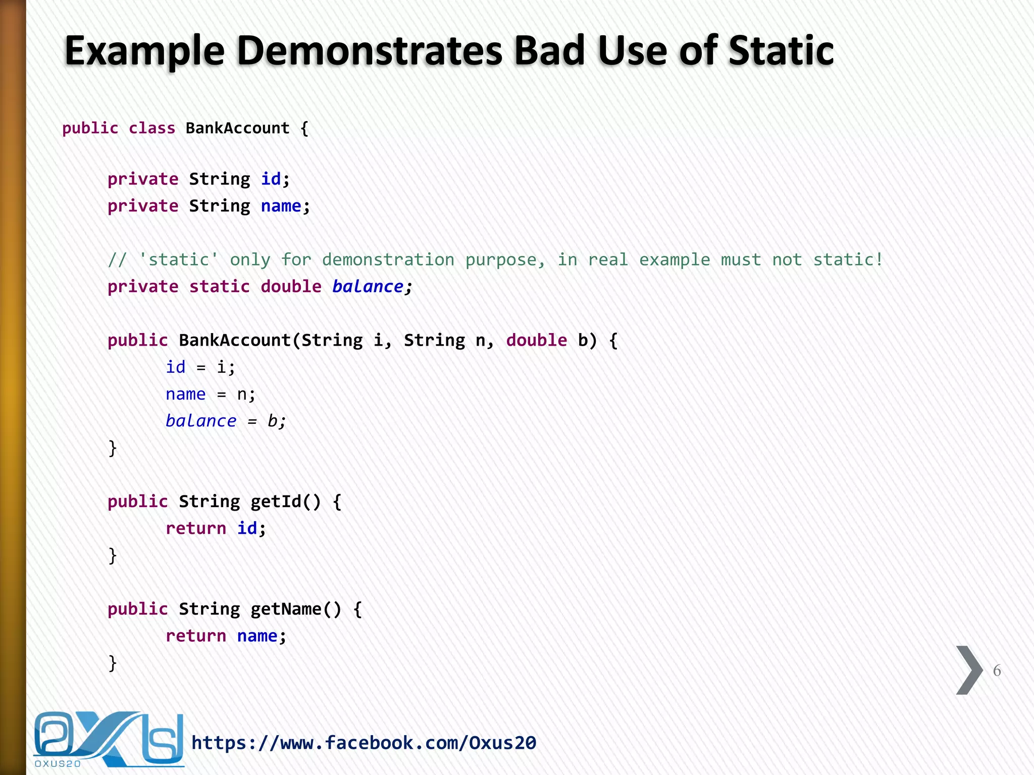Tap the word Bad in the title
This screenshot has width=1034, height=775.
click(549, 51)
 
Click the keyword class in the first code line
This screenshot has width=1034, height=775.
click(152, 128)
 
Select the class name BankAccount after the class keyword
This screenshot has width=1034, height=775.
click(237, 128)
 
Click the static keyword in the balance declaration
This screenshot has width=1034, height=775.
click(219, 287)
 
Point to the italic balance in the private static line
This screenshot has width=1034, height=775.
click(368, 287)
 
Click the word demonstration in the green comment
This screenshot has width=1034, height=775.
click(388, 260)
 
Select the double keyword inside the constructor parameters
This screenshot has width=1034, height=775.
click(536, 340)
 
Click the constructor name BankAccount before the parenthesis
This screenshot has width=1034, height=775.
click(235, 340)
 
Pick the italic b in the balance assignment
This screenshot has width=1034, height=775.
click(272, 421)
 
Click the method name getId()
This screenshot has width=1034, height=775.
click(285, 502)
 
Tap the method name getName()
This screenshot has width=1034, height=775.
click(296, 609)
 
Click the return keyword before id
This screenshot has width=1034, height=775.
click(196, 528)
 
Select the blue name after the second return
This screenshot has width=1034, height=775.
click(257, 636)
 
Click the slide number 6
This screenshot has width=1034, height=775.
click(997, 671)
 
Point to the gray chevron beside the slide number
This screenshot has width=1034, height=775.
click(969, 670)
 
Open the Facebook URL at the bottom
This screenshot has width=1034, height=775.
click(364, 743)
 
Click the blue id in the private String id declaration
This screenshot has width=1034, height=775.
click(271, 179)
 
